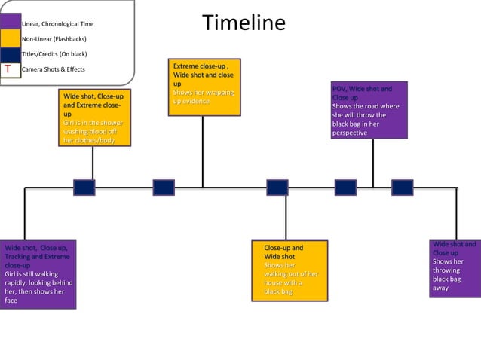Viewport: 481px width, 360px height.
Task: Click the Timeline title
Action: [244, 23]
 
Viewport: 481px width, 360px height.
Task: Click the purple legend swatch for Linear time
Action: [11, 22]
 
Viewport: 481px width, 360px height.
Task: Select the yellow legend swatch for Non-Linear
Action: [11, 38]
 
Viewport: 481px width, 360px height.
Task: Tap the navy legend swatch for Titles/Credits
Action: [11, 53]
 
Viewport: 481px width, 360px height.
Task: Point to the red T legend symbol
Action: [8, 69]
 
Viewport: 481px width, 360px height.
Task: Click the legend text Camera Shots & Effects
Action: [54, 69]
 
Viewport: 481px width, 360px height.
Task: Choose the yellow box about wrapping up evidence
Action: [204, 88]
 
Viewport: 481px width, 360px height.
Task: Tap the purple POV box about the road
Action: [369, 110]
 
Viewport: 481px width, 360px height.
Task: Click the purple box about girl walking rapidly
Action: [38, 273]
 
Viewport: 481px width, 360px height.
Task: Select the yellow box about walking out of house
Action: [290, 270]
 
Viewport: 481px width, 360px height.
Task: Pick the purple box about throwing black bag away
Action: [455, 268]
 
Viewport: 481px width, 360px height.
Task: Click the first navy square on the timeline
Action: [84, 188]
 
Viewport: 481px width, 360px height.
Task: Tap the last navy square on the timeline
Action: [402, 188]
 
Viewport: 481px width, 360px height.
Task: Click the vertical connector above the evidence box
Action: [202, 151]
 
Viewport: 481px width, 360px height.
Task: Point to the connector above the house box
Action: [286, 218]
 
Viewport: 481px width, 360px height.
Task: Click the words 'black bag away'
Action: [446, 283]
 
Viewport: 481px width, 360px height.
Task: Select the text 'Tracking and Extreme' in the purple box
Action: [35, 256]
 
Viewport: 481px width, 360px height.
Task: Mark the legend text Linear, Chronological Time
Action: [58, 24]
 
